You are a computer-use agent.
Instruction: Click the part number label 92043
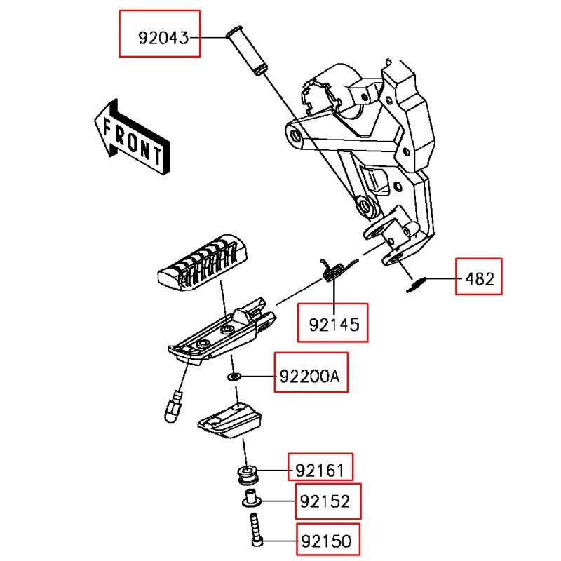pos(160,34)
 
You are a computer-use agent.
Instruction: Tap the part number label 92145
pos(333,323)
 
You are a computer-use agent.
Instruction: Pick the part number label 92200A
pos(309,377)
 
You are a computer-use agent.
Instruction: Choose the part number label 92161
pos(320,466)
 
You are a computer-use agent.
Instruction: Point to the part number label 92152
pos(327,501)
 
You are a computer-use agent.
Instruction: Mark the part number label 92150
pos(327,541)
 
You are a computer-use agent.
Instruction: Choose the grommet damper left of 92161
pos(248,473)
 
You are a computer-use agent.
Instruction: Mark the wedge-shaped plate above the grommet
pos(230,419)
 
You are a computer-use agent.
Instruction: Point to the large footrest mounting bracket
pos(372,154)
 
